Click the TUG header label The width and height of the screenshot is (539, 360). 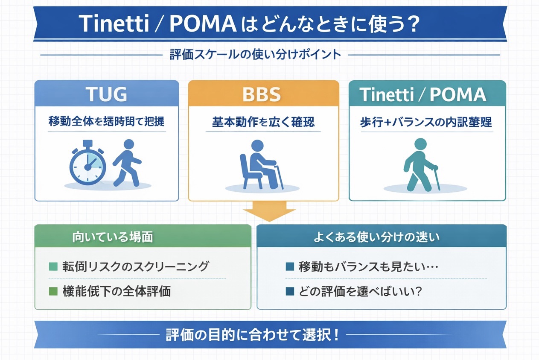106,95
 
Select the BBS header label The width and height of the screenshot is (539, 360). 262,95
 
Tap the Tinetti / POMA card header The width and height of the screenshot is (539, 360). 423,95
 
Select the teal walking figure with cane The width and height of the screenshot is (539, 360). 420,165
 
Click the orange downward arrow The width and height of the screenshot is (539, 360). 268,212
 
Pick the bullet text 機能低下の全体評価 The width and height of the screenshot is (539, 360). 116,292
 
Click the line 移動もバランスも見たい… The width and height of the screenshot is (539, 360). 369,267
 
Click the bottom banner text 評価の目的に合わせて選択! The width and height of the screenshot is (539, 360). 252,334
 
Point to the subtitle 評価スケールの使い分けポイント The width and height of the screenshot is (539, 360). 255,55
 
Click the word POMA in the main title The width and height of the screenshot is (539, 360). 203,24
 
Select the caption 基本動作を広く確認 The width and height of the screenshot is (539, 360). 263,122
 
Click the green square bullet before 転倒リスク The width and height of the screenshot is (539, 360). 53,267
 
